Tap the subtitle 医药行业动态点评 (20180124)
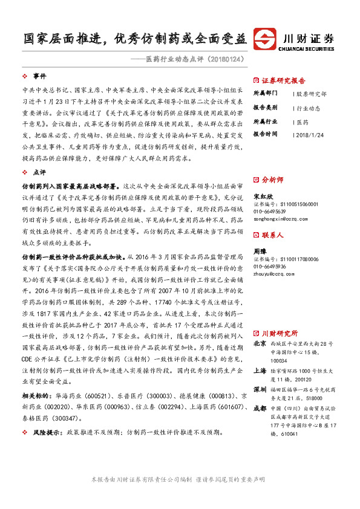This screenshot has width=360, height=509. click(194, 59)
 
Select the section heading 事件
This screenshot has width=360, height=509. click(39, 77)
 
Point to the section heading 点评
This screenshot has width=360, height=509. click(39, 173)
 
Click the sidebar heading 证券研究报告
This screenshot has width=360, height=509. click(283, 80)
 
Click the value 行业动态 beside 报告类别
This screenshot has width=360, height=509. click(309, 108)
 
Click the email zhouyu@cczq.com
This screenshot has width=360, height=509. click(273, 273)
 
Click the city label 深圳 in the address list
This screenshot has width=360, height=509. click(259, 372)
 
